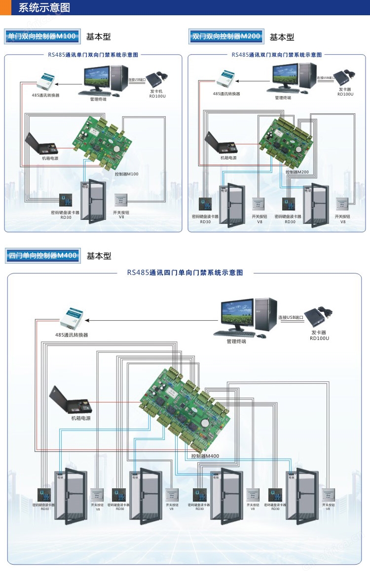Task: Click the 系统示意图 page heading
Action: (x=44, y=8)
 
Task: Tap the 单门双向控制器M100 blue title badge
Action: (x=42, y=36)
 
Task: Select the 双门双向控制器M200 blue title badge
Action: (x=226, y=36)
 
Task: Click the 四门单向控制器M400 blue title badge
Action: (x=42, y=256)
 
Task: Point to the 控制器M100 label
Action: (x=126, y=174)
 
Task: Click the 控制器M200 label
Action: (x=297, y=172)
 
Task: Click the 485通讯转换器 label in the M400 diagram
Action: (x=72, y=335)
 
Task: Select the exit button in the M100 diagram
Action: (x=121, y=200)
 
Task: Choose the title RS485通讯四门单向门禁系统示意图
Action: (x=185, y=272)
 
